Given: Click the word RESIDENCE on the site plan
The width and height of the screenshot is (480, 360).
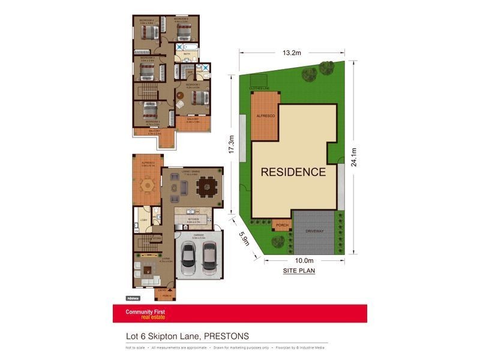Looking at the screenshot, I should (x=293, y=172).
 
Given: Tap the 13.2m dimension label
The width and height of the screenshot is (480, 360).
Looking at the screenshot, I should (x=292, y=52).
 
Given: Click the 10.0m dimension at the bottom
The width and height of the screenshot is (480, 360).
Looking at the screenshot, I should (x=304, y=260).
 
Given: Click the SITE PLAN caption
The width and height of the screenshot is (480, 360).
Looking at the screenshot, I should (x=299, y=271).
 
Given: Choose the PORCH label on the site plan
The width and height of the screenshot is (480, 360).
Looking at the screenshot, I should (x=281, y=226).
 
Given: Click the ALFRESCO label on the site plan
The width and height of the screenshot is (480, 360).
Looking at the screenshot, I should (x=265, y=114).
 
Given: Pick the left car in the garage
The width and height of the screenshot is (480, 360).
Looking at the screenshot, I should (x=188, y=256).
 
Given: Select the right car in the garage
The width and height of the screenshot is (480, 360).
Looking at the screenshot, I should (x=208, y=256).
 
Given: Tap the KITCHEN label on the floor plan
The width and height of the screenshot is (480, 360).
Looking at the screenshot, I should (x=193, y=220).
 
